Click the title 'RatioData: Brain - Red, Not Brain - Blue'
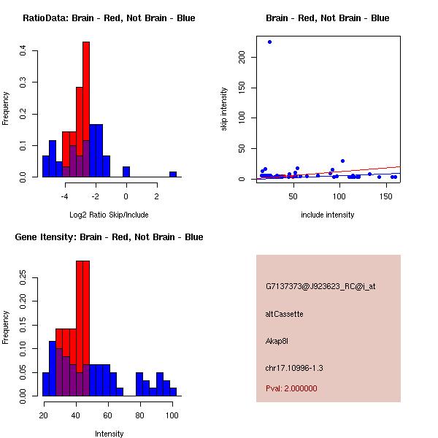pos(109,18)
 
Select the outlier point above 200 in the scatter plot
pos(269,42)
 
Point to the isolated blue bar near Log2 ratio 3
pos(173,174)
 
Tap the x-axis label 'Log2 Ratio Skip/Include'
pos(109,215)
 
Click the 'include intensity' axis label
pos(328,215)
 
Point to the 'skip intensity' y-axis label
pos(224,109)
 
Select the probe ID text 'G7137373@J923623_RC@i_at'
pos(320,287)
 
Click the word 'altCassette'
pos(284,314)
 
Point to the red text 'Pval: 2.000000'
pos(291,388)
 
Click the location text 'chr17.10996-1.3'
pos(294,367)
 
